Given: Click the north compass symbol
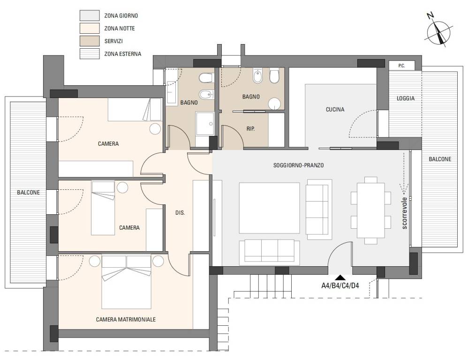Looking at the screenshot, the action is [439, 33].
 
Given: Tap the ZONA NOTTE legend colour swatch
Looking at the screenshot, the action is [90, 28].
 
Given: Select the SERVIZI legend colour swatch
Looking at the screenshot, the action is [90, 41].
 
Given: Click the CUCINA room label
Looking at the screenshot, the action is [335, 110].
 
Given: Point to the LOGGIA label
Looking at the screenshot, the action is [405, 98].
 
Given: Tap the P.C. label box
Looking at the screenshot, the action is [402, 66].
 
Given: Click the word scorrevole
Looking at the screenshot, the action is [404, 213].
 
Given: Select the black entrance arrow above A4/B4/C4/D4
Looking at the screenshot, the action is [340, 277].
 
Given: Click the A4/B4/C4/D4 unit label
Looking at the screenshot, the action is [340, 286].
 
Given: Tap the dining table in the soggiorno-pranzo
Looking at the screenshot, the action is [371, 210].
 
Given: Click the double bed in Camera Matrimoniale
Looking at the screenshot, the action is [127, 282].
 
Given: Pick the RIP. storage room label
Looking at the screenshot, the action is [250, 129].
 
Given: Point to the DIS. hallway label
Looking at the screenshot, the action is [180, 213].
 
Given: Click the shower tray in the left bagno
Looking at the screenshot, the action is [205, 123].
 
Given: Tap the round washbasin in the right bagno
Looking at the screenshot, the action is [274, 104].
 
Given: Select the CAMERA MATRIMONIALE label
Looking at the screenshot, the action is [126, 319].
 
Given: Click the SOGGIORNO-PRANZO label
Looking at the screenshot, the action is [298, 165].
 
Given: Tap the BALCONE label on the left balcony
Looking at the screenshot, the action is [28, 192].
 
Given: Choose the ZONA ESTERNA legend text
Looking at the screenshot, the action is [123, 54].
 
